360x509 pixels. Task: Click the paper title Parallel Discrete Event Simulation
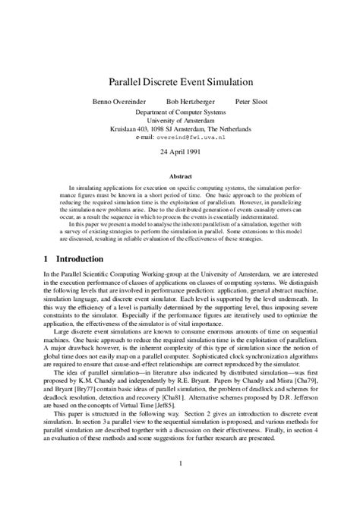pos(180,81)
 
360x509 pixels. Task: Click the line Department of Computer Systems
pos(180,112)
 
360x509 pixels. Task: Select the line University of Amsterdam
pos(180,120)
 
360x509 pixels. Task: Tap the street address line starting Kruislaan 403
pos(180,128)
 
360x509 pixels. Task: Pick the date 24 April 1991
pos(180,152)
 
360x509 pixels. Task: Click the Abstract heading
pos(180,175)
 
